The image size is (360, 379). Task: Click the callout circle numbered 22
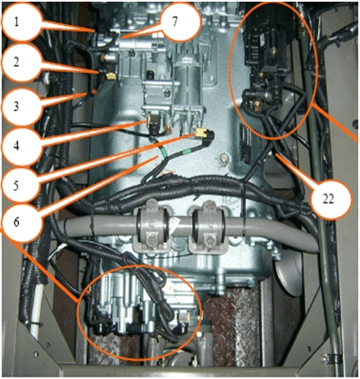(328, 199)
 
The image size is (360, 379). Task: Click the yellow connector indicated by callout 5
(200, 133)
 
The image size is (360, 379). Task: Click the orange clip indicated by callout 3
(94, 91)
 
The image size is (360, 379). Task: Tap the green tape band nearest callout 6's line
(164, 152)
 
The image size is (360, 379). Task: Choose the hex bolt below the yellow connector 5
(223, 159)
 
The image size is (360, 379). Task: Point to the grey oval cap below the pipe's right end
(287, 275)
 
